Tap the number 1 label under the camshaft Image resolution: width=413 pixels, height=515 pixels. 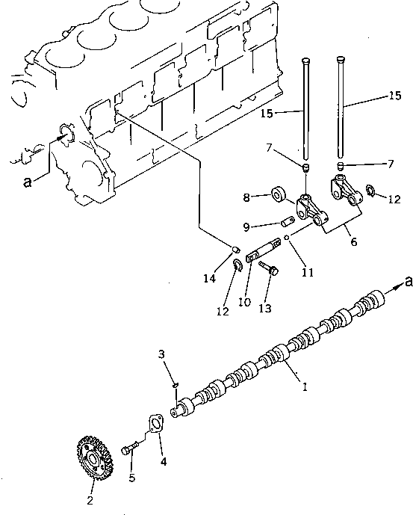304,386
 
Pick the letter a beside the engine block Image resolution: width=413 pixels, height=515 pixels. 27,182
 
